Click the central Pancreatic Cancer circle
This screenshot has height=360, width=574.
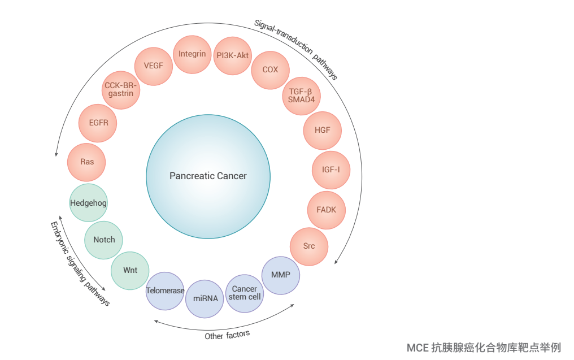pyautogui.click(x=208, y=175)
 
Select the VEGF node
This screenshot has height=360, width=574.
pyautogui.click(x=153, y=66)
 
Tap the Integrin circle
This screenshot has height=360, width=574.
pyautogui.click(x=192, y=54)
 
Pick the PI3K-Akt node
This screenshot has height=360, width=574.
pyautogui.click(x=233, y=55)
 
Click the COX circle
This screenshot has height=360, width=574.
pyautogui.click(x=270, y=70)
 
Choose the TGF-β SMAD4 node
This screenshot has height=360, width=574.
pyautogui.click(x=301, y=95)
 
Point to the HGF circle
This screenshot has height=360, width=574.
pyautogui.click(x=323, y=130)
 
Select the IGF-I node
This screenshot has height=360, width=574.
pyautogui.click(x=331, y=170)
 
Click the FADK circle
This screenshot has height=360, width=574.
pyautogui.click(x=326, y=210)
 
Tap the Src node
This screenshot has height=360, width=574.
pyautogui.click(x=309, y=246)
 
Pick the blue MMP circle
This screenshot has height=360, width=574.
pyautogui.click(x=281, y=275)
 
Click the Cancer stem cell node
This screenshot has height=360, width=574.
pyautogui.click(x=245, y=293)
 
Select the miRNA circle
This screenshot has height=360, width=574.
pyautogui.click(x=205, y=298)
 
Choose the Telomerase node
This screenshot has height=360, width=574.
pyautogui.click(x=165, y=290)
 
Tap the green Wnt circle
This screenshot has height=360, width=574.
pyautogui.click(x=131, y=270)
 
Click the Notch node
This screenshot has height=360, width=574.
pyautogui.click(x=104, y=240)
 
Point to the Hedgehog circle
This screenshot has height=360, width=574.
pyautogui.click(x=88, y=203)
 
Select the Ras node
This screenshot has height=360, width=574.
pyautogui.click(x=87, y=162)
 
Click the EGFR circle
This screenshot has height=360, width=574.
pyautogui.click(x=98, y=122)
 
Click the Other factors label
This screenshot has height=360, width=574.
pyautogui.click(x=227, y=335)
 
